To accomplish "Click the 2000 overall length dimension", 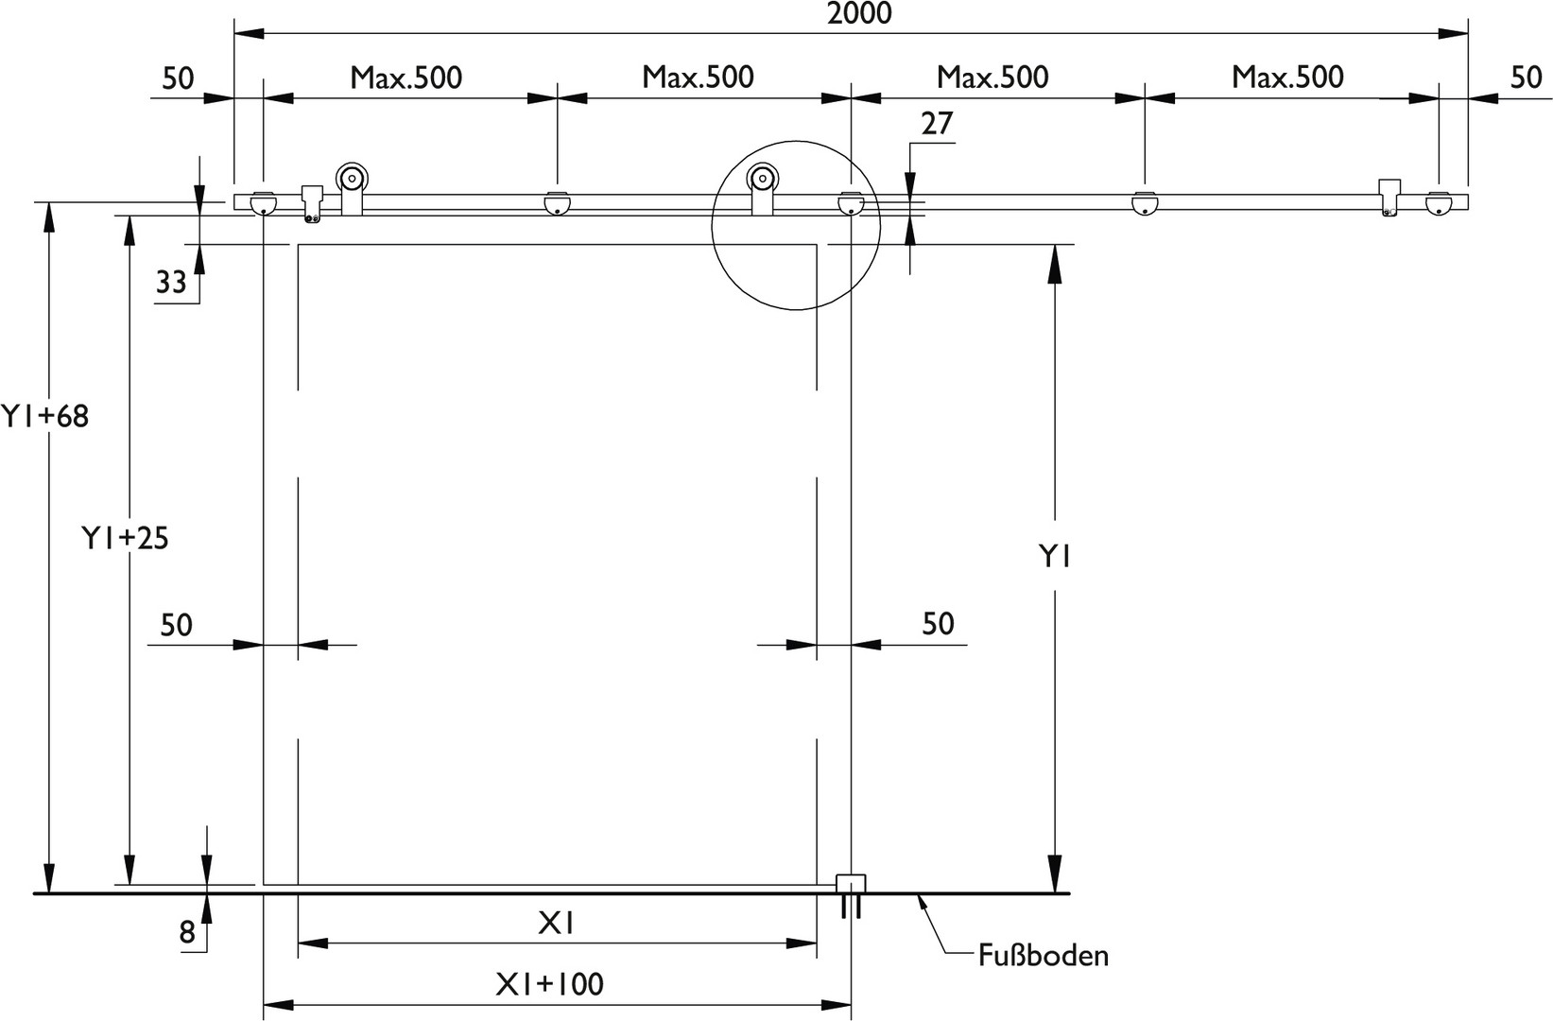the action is point(859,13).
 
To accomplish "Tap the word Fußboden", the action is point(1044,956).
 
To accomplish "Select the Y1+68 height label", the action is point(45,416).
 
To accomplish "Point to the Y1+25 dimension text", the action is point(125,538).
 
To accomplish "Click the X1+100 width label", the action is point(550,984).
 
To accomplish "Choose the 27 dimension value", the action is point(938,124).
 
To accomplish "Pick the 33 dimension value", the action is point(171,283).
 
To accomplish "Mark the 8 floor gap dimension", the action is point(187,933).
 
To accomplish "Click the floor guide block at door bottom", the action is point(851,884).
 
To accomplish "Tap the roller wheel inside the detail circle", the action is point(762,179).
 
